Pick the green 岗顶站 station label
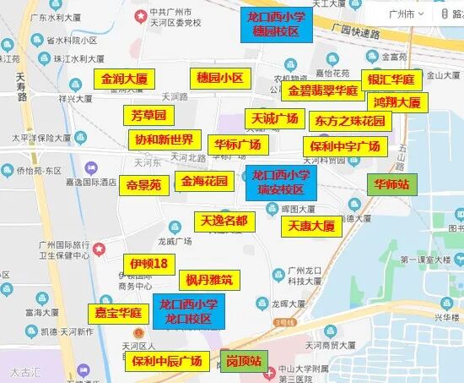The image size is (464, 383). [243, 362]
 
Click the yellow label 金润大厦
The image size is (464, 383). [124, 79]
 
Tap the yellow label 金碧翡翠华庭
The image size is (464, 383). [323, 90]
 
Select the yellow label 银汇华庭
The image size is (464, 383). [391, 79]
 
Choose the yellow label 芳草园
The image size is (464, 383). [148, 115]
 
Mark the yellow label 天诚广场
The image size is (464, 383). [272, 118]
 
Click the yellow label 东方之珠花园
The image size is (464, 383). [349, 121]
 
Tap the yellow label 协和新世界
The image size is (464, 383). [164, 140]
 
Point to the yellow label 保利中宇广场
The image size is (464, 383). [345, 145]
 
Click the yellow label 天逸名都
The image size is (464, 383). [224, 222]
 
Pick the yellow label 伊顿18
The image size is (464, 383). [148, 264]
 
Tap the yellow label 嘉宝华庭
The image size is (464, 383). [118, 313]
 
